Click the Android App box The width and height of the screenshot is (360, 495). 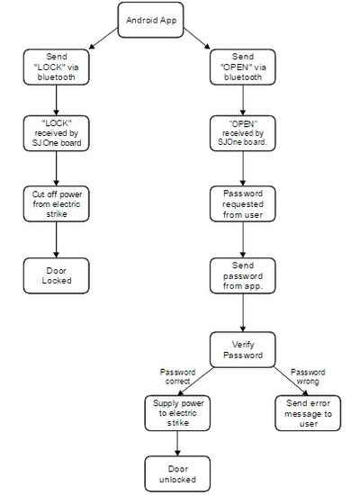coord(150,20)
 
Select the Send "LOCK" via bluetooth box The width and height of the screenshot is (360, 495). coord(56,67)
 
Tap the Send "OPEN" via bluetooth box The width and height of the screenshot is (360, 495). coord(242,67)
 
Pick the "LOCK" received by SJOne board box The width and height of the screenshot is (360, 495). coord(56,133)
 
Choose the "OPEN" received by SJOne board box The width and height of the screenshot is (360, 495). coord(242,133)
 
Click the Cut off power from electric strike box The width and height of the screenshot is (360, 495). coord(56,204)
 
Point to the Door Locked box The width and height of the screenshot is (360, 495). coord(56,275)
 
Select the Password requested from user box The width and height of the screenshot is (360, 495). coord(242,204)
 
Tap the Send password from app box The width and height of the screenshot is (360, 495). coord(242,275)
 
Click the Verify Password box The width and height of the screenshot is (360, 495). coord(242,349)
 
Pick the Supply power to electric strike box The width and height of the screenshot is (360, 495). coord(177,413)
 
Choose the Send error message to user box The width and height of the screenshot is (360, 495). coord(308,413)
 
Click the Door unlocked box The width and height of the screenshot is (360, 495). coord(177,473)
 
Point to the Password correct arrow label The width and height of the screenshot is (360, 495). coord(177,376)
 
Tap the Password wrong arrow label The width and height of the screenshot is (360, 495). coord(308,376)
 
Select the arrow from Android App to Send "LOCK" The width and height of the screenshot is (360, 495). coord(103,39)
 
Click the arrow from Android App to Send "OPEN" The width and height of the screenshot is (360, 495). coord(197,39)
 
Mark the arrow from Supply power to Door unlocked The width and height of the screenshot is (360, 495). coord(177,443)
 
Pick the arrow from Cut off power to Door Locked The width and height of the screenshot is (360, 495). coord(56,240)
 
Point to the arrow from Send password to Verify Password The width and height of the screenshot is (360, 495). coord(242,312)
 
